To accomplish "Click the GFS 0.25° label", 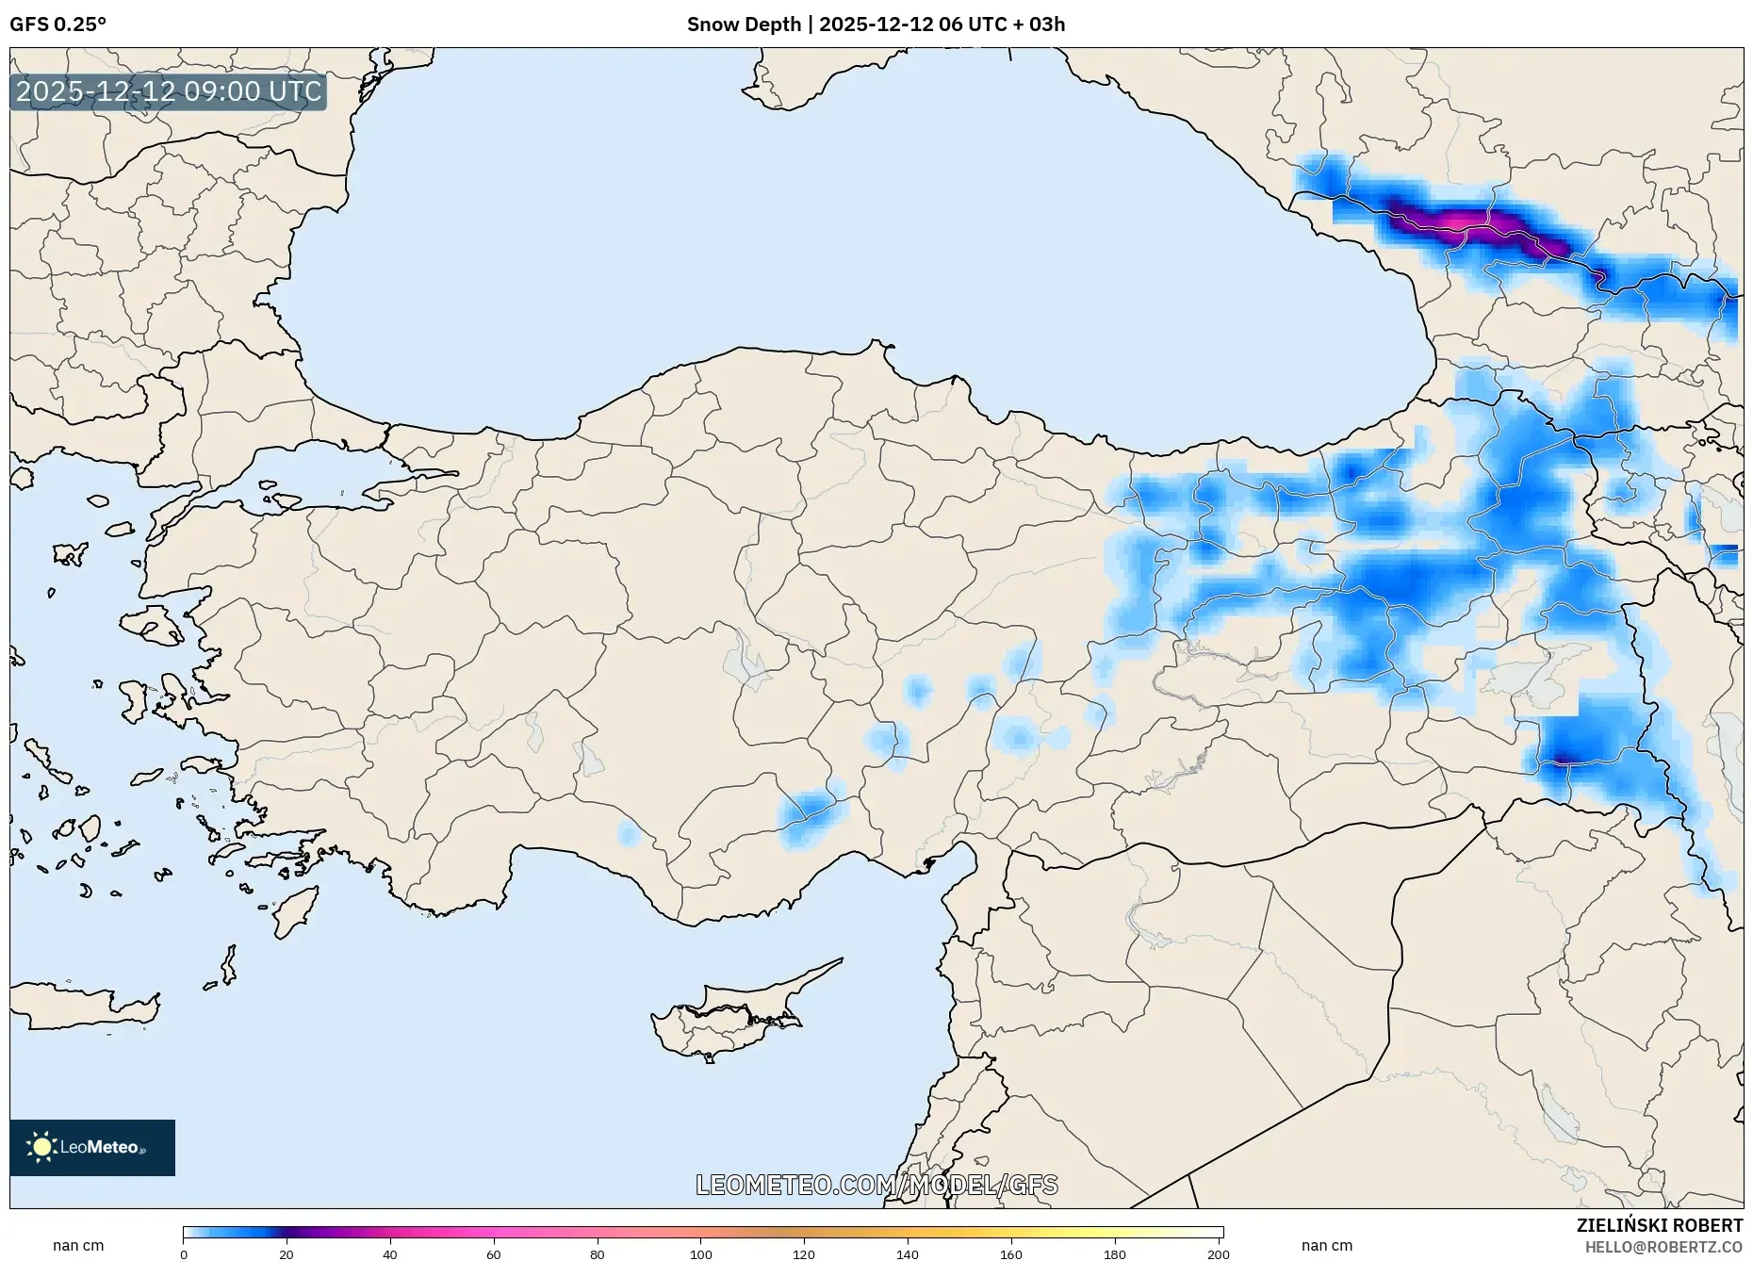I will [x=57, y=25].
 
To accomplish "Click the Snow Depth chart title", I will [x=876, y=25].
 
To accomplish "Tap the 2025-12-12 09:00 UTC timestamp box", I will [x=169, y=91].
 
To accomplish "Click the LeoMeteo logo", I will [x=92, y=1147].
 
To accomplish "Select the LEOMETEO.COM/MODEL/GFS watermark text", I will [x=876, y=1185].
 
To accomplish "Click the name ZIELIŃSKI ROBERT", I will [x=1659, y=1225].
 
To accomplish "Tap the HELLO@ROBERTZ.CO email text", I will [x=1663, y=1247].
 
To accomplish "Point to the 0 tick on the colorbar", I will [x=184, y=1254].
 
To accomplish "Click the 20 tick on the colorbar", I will [x=287, y=1254].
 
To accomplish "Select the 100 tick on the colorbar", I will [x=700, y=1254].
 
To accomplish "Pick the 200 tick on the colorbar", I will [x=1218, y=1254].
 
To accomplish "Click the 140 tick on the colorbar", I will [x=908, y=1254].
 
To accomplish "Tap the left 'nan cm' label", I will [x=78, y=1245].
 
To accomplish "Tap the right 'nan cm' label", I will [x=1326, y=1245].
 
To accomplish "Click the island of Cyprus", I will [x=726, y=1018].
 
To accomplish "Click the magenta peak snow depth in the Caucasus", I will [x=1456, y=221].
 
